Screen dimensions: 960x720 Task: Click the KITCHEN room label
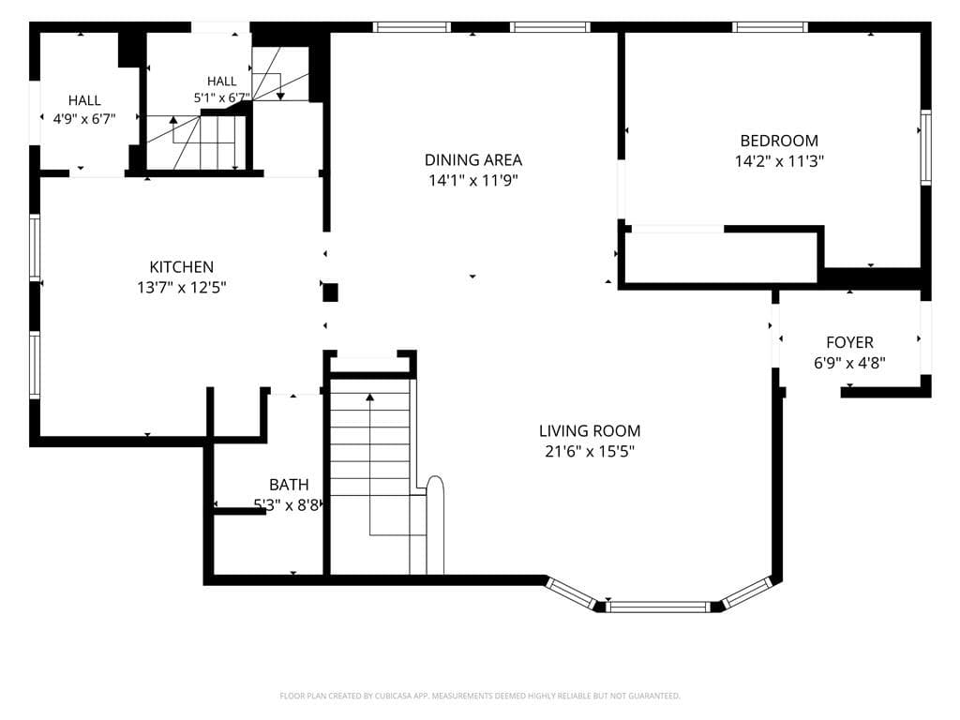181,267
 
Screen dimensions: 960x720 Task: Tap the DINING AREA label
473,159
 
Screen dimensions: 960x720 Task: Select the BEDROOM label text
779,141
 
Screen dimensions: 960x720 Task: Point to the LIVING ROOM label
590,431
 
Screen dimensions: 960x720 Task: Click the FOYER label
849,342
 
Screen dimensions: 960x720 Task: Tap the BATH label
289,485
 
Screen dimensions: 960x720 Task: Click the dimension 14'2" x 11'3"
779,161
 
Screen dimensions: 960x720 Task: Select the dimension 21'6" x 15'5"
590,451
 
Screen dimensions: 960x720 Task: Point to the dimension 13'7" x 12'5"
181,287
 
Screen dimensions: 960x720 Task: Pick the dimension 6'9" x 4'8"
849,363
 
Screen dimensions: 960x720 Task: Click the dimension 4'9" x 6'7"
83,119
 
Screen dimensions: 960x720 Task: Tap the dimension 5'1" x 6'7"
221,97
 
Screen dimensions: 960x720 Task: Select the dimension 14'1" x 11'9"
473,180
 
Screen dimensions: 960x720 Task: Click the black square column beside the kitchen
330,292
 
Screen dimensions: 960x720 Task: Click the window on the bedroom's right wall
925,147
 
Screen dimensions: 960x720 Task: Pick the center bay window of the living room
659,607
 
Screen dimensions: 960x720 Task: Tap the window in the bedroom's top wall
770,27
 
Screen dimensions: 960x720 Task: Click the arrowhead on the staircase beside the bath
369,397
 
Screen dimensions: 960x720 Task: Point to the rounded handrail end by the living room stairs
435,484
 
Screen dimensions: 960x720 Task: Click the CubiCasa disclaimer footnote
480,696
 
